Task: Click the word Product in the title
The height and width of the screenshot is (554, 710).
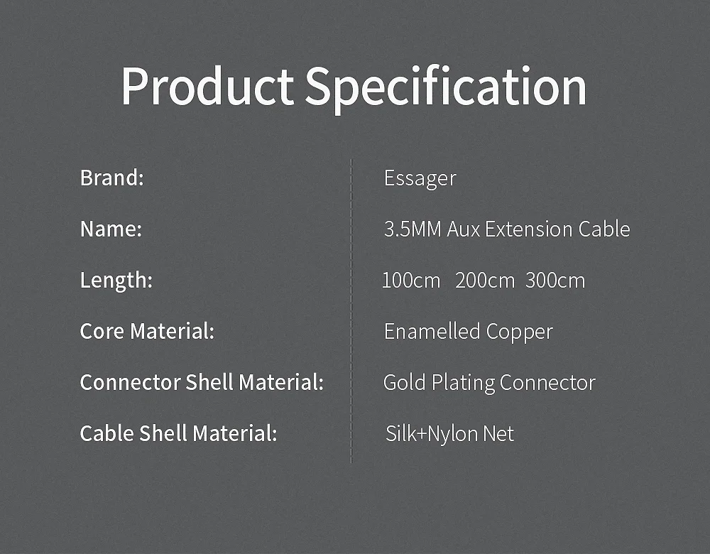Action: point(207,86)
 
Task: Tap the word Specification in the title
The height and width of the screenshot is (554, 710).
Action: point(446,88)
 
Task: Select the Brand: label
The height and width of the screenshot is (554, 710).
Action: point(112,178)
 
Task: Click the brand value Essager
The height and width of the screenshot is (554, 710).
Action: point(420,178)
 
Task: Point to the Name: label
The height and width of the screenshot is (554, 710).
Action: point(111,229)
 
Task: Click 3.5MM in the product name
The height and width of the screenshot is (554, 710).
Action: point(413,229)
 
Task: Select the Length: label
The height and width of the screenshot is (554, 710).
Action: point(116,281)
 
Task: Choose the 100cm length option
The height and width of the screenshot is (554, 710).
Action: point(411,281)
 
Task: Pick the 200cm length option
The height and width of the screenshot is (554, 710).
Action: point(485,281)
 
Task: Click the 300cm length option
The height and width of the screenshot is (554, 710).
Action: point(555,281)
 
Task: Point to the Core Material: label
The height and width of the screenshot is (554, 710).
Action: point(147,331)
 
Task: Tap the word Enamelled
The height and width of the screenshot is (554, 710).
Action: point(432,331)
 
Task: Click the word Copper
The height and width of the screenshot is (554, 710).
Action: point(520,332)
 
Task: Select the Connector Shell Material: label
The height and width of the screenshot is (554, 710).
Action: point(202,382)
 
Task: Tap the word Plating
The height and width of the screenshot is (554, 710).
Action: point(463,384)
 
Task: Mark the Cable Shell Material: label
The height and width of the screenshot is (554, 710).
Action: point(178,433)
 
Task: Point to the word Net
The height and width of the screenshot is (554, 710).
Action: point(498,434)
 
